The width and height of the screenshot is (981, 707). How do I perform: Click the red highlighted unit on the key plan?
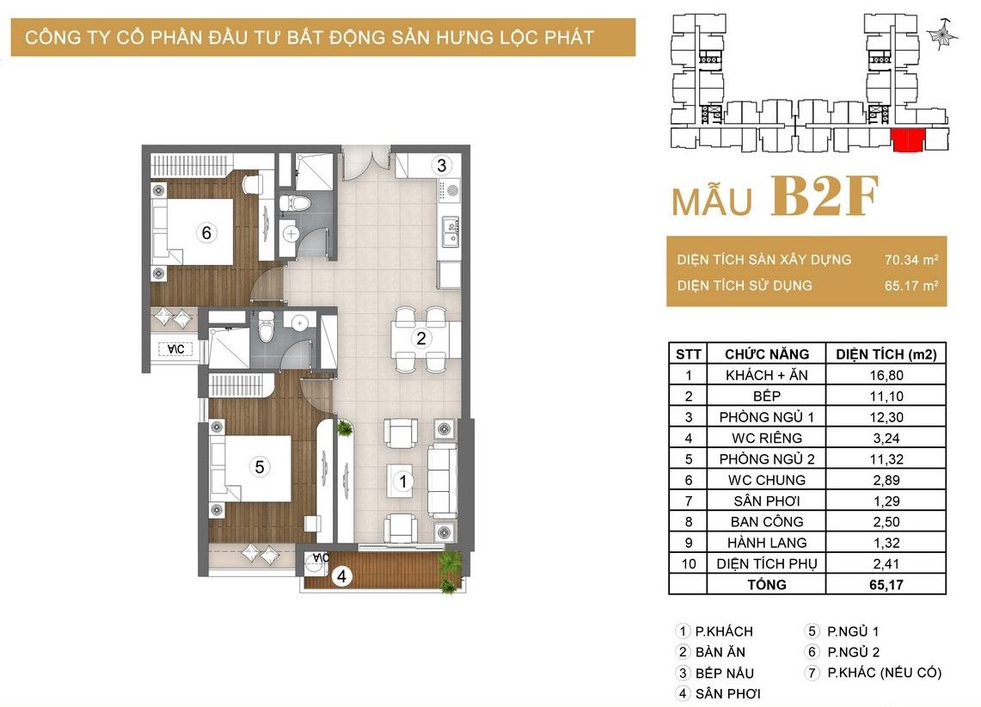coord(908,140)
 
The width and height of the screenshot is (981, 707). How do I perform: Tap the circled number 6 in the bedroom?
coord(205,233)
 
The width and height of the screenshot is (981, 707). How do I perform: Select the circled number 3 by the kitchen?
coord(442,165)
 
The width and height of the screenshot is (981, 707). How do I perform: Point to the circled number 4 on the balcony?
coord(341,575)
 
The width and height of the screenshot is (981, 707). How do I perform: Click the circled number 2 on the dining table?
coord(421,339)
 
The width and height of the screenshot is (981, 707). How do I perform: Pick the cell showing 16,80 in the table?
coord(886,375)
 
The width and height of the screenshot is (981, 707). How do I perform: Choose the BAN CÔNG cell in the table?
coord(766,521)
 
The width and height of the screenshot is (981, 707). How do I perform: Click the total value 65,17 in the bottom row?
coord(886,584)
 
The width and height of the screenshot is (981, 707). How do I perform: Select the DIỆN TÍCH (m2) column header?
coord(886,354)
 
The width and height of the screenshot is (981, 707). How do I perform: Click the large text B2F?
coord(824,196)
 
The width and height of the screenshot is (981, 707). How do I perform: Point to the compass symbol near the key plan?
coord(941,34)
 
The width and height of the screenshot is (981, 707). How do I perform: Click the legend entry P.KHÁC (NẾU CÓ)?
coord(883,673)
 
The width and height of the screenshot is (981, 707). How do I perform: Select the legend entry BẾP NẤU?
coord(724,673)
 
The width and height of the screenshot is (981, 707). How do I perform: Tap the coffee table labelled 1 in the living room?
coord(401,481)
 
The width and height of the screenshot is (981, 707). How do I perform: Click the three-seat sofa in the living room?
coord(442,481)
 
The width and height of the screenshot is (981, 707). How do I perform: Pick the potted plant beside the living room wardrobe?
coord(344,428)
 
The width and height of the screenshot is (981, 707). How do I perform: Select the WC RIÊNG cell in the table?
coord(766,438)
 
